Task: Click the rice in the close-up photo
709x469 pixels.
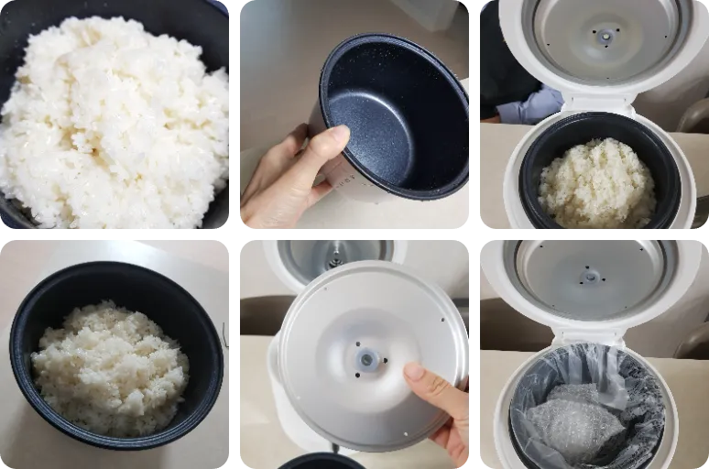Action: click(x=115, y=119)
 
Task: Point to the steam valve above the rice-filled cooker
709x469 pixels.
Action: click(x=605, y=36)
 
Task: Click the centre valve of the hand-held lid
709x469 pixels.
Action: click(x=367, y=359)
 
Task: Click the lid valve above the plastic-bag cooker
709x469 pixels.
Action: click(x=593, y=275)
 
